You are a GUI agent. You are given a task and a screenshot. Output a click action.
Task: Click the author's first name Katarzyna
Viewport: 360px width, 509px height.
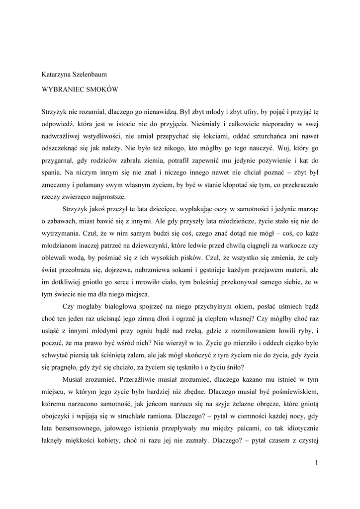(57, 75)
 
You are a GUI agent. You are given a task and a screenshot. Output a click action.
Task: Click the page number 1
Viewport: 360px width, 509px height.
(316, 463)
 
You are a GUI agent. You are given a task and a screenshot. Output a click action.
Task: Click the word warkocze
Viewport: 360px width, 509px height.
(292, 245)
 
